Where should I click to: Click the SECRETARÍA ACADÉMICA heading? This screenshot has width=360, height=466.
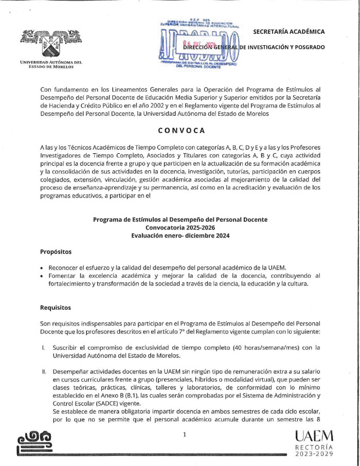click(x=289, y=32)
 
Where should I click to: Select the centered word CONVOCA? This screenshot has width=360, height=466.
click(x=179, y=130)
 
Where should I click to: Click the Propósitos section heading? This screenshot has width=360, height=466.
click(x=57, y=252)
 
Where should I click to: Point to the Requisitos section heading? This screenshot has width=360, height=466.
click(x=56, y=308)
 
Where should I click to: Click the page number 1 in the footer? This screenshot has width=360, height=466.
click(x=184, y=435)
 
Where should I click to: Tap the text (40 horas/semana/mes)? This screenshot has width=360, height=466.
click(x=255, y=348)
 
